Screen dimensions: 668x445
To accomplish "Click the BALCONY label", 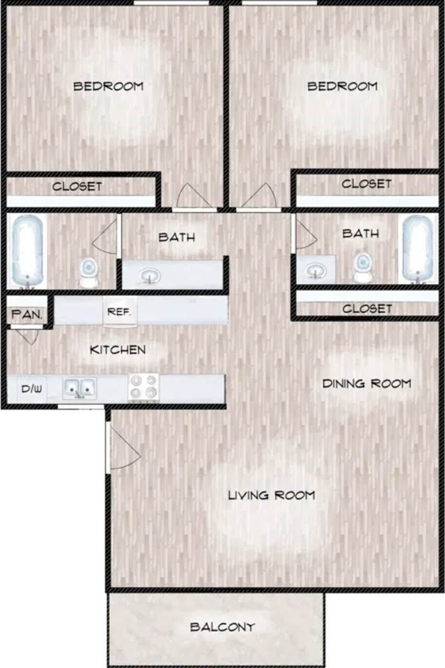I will click(x=222, y=627).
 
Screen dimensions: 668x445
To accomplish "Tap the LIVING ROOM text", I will click(x=272, y=495).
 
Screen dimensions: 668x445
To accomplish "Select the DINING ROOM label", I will click(x=367, y=384).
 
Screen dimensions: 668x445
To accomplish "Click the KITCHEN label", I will click(x=118, y=350).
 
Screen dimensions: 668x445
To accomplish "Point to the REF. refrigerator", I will click(x=120, y=312).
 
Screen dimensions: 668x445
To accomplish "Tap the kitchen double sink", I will click(x=80, y=388).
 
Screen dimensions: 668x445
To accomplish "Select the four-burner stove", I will click(x=144, y=388).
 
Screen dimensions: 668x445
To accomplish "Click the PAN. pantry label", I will click(x=29, y=315).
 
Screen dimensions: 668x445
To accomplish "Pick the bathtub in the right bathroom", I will click(x=418, y=248).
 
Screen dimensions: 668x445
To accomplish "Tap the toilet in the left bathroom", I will click(x=89, y=271).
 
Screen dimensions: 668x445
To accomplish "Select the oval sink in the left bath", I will click(x=151, y=275).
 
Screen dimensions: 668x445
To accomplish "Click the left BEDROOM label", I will click(x=108, y=86).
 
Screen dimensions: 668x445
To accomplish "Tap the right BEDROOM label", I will click(x=342, y=86).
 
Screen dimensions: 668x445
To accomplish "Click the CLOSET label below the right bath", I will click(x=367, y=308).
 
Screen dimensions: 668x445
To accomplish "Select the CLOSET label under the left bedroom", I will click(x=77, y=186).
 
